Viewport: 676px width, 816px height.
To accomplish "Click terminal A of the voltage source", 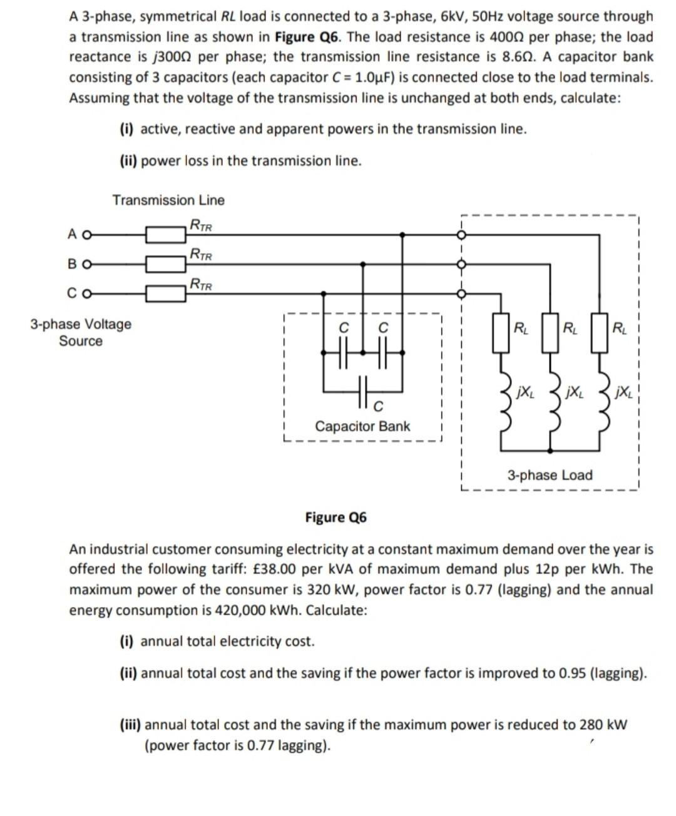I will click(87, 235).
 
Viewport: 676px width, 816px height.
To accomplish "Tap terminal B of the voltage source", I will click(87, 264).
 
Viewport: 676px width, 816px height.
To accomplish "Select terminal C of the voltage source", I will click(87, 293).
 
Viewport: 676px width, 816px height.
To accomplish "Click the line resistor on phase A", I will click(166, 235).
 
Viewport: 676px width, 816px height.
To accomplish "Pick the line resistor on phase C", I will click(166, 293).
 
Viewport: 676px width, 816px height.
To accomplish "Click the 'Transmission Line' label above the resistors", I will click(168, 200).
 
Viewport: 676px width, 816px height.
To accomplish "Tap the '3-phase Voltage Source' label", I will click(81, 332).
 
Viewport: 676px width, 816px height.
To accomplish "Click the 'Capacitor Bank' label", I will click(362, 426).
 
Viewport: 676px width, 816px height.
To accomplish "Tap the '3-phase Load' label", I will click(550, 475).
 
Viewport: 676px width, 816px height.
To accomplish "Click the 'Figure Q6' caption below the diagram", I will click(335, 518).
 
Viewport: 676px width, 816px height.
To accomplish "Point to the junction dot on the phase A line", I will click(402, 235).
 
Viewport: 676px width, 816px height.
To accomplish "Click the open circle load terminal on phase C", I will click(461, 293).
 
